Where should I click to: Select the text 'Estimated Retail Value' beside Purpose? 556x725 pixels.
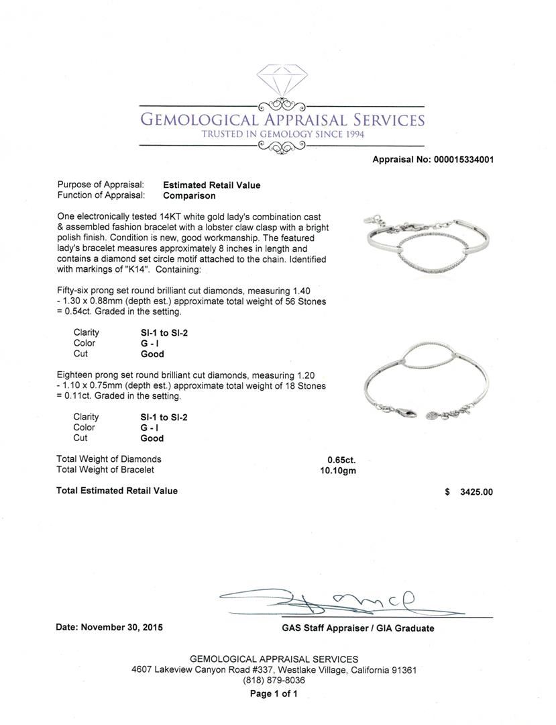tap(211, 185)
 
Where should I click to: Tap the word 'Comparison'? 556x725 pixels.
tap(189, 196)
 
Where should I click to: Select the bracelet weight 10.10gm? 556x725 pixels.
tap(338, 470)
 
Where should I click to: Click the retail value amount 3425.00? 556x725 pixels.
tap(476, 492)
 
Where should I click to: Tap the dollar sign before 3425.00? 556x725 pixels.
tap(447, 492)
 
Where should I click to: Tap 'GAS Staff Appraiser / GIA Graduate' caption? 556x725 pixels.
tap(357, 628)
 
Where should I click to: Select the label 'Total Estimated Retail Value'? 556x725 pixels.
tap(117, 491)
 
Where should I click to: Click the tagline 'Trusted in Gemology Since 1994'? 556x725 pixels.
tap(282, 134)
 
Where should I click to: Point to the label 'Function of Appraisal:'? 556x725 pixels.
tap(101, 196)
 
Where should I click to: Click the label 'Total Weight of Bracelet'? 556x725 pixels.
tap(106, 470)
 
